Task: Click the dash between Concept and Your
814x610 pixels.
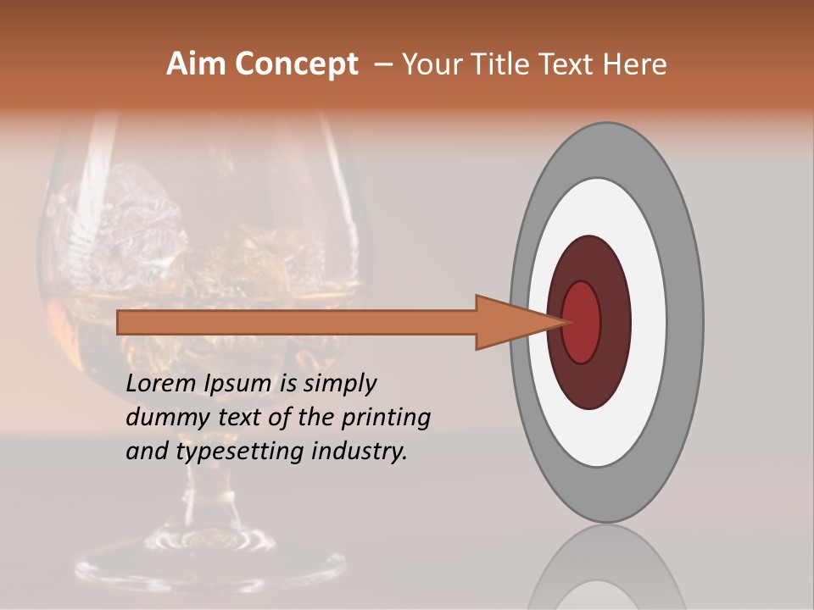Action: pyautogui.click(x=382, y=64)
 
